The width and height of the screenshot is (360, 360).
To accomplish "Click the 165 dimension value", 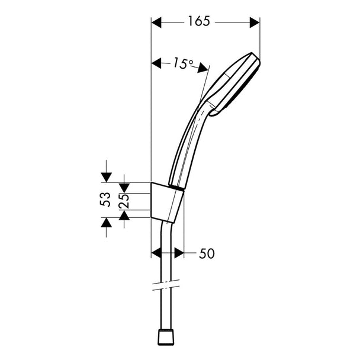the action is coord(199,21).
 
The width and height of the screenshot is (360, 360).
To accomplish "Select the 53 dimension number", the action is coord(105,200).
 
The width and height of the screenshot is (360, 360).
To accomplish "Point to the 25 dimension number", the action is coord(124,201).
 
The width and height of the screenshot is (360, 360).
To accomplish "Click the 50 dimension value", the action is coord(207,253).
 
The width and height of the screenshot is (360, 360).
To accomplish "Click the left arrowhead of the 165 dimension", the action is coord(156,22).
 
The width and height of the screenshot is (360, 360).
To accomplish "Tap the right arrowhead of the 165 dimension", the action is coord(255,22).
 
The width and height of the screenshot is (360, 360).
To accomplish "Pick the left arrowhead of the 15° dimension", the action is coord(156,63).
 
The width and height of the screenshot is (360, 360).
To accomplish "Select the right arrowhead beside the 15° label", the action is coord(204,68).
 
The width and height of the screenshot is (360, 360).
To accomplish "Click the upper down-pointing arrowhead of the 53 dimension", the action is coord(107,177).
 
